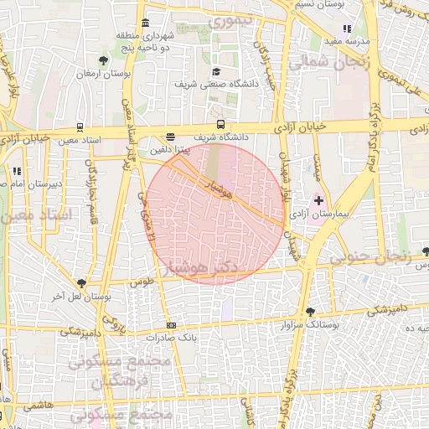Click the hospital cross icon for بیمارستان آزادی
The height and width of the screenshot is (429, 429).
(x=318, y=200)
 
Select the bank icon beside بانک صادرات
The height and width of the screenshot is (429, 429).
(x=172, y=325)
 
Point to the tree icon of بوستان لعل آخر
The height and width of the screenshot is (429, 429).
(x=81, y=284)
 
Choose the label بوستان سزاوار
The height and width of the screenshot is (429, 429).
(x=311, y=323)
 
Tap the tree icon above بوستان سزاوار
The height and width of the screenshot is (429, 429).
(x=311, y=311)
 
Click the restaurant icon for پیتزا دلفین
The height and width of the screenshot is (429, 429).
(x=171, y=136)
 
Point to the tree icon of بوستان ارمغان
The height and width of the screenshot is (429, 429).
(x=102, y=60)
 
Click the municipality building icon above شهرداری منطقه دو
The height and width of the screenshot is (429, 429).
(x=146, y=23)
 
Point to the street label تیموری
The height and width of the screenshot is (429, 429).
(x=225, y=20)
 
